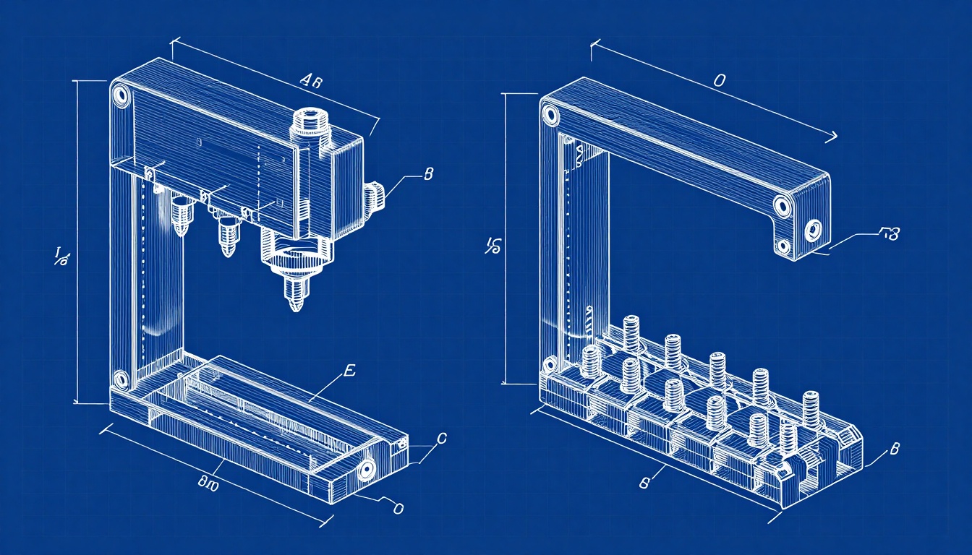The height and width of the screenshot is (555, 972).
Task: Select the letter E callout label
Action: point(349,371)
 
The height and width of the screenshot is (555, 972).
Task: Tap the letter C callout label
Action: point(443,438)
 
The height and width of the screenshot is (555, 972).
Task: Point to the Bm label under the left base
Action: point(208,482)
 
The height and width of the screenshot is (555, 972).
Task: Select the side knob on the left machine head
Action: point(374,197)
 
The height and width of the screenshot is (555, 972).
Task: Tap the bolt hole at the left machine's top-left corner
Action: point(120,95)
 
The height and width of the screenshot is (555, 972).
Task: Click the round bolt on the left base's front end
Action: point(364,470)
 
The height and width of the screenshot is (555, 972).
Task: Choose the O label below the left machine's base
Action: point(397,508)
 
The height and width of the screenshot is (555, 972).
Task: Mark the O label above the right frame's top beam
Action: point(719,81)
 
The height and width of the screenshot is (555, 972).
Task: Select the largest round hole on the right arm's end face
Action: point(812,231)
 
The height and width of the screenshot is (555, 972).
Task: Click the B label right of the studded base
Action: point(894,449)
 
